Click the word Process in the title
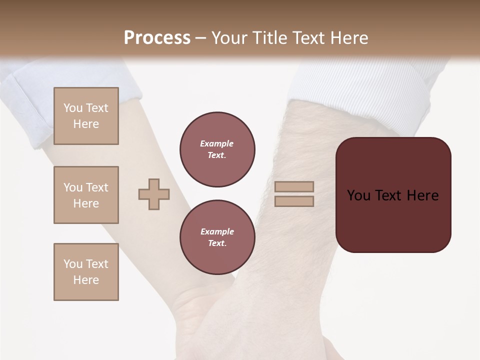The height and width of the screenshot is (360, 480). tap(157, 37)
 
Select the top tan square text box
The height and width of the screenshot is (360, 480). tap(86, 116)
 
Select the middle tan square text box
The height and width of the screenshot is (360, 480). tap(86, 195)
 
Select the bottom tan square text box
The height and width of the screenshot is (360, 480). tap(86, 272)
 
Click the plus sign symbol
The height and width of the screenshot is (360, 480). tap(154, 194)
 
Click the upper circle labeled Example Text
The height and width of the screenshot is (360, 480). tap(217, 149)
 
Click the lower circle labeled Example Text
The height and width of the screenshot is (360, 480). tap(217, 237)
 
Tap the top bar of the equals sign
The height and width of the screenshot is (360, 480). tap(294, 186)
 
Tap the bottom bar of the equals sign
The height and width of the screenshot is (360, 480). tap(294, 201)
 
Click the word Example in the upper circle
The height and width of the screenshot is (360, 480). tap(216, 143)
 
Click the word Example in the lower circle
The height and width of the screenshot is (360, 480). tap(217, 231)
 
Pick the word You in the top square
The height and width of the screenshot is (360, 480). tap(72, 108)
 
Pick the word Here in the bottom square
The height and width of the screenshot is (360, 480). tap(86, 280)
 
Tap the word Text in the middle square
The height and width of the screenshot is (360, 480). tap(96, 187)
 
